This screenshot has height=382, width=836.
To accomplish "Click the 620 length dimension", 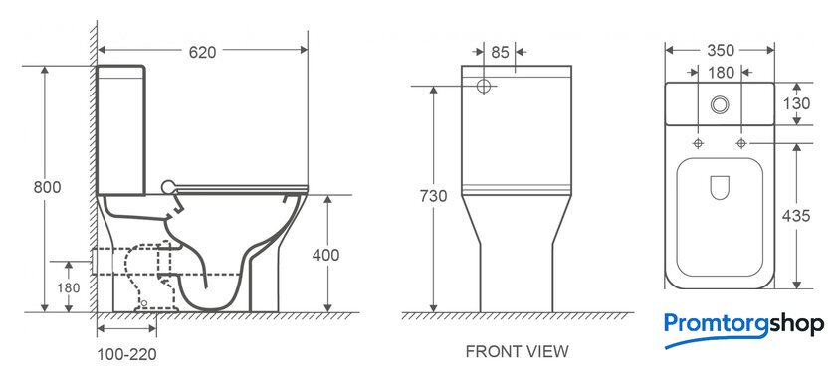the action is tap(203, 52).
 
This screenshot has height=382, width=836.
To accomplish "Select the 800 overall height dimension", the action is tap(47, 188).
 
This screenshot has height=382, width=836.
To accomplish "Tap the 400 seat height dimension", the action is tap(325, 256).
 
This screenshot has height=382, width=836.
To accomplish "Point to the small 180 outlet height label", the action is tap(69, 288).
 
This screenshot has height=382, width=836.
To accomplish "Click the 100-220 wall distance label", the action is tap(127, 354).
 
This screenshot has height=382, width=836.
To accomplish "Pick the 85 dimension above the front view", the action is tap(500, 52).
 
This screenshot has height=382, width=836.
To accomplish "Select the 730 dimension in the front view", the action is tap(433, 196).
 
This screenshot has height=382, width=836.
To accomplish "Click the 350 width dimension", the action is tap(721, 50).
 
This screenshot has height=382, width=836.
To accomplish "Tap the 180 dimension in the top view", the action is tap(722, 72).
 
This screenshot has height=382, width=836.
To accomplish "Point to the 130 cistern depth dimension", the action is tap(796, 103).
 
